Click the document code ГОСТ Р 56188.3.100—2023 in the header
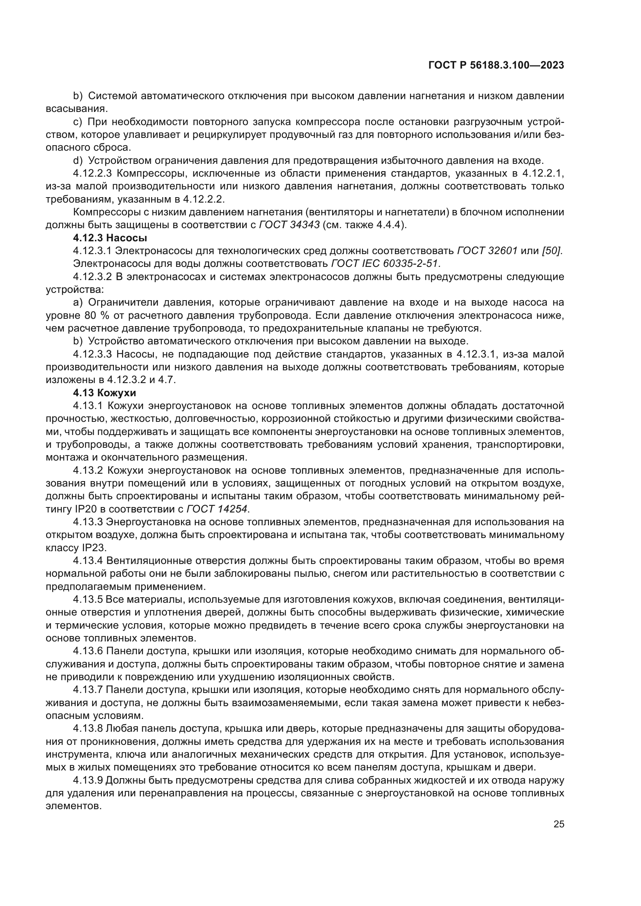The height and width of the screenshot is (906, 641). pyautogui.click(x=496, y=65)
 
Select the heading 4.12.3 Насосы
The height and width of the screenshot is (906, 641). pyautogui.click(x=110, y=238)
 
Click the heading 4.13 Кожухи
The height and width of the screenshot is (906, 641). pyautogui.click(x=105, y=393)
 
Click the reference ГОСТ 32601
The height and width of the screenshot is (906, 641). pyautogui.click(x=487, y=251)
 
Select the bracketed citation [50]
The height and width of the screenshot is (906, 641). pyautogui.click(x=553, y=251)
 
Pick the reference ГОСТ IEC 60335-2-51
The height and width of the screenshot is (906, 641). pyautogui.click(x=386, y=264)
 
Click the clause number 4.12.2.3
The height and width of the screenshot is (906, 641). pyautogui.click(x=93, y=173)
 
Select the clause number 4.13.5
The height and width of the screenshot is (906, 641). pyautogui.click(x=88, y=599)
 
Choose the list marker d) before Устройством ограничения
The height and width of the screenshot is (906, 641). pyautogui.click(x=78, y=161)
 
